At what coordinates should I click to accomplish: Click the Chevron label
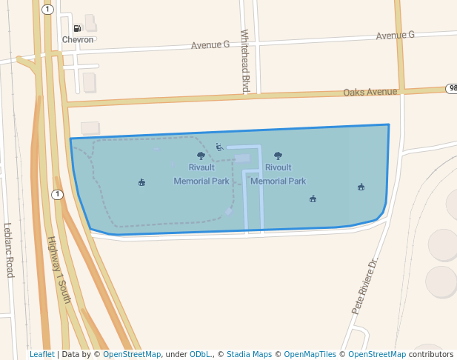(x=78, y=39)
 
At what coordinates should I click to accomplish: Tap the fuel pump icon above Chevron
(x=77, y=28)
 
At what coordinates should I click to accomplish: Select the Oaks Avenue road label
(x=370, y=93)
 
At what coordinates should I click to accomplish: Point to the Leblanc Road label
(x=8, y=250)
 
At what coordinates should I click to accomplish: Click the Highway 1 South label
(x=59, y=270)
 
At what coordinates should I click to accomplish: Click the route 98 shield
(x=451, y=88)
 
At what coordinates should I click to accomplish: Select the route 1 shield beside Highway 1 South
(x=56, y=195)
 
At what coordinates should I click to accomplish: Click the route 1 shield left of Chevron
(x=48, y=10)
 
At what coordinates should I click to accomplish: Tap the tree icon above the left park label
(x=201, y=156)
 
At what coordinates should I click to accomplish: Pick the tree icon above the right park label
(x=278, y=156)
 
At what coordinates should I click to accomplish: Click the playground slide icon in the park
(x=219, y=147)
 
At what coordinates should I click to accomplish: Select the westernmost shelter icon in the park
(x=141, y=182)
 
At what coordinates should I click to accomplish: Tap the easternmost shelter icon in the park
(x=361, y=187)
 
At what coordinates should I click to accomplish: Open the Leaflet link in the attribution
(x=41, y=355)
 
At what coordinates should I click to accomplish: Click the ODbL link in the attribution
(x=199, y=355)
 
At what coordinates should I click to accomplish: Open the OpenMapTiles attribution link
(x=310, y=355)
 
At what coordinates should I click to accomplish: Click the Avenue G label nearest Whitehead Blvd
(x=210, y=45)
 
